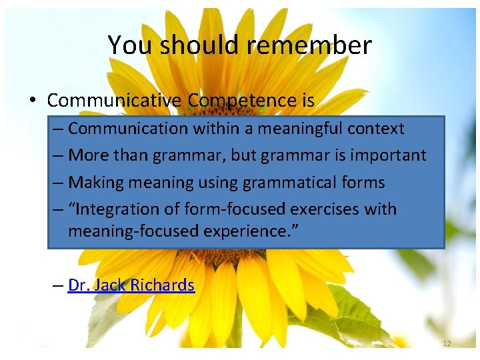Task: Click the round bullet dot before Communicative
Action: point(33,101)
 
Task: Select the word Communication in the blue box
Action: point(125,129)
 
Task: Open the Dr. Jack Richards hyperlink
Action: point(131,286)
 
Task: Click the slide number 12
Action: point(446,343)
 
